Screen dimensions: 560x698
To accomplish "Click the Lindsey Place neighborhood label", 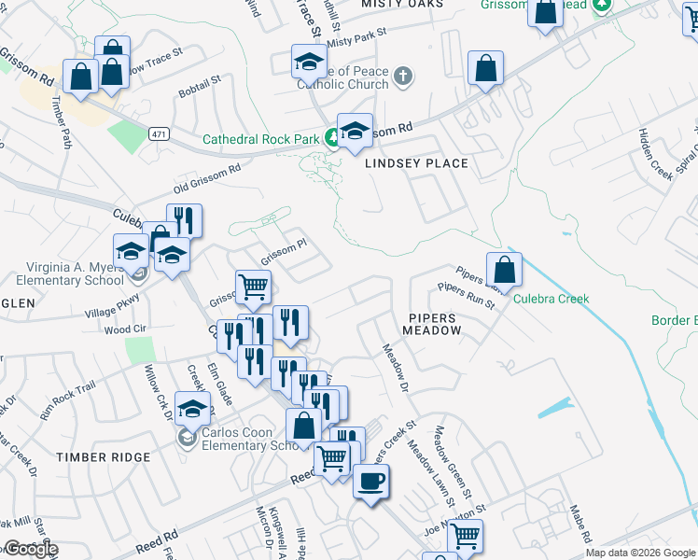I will click(x=416, y=163).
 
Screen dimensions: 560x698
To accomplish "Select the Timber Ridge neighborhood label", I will click(x=103, y=457).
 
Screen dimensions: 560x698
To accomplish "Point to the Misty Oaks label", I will click(x=403, y=5).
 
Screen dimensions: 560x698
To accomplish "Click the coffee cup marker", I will click(x=370, y=482).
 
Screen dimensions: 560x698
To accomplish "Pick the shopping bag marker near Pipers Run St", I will click(x=504, y=271).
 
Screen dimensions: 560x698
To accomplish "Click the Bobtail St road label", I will click(x=199, y=87).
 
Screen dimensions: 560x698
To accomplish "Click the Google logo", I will click(x=31, y=550).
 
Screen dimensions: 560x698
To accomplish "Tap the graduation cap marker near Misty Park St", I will click(x=310, y=63).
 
